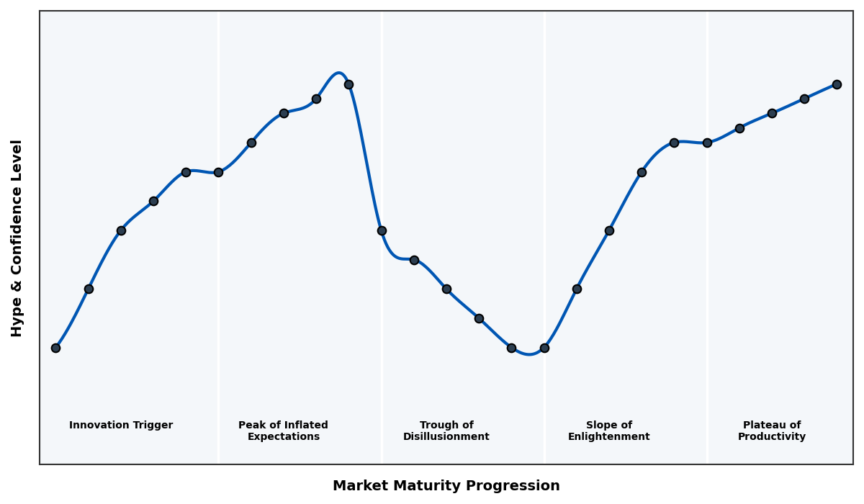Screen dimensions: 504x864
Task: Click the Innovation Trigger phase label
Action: pos(121,426)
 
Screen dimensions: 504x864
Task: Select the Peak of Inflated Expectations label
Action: pos(283,431)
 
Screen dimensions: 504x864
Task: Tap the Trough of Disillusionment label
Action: pos(446,431)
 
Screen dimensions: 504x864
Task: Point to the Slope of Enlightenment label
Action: pos(608,431)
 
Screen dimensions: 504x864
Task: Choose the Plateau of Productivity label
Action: pos(771,431)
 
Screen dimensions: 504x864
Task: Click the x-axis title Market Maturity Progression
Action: pos(446,486)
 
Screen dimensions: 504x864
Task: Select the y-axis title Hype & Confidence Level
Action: pos(17,238)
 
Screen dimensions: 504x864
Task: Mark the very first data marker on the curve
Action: pos(55,348)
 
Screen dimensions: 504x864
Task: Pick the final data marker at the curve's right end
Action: pos(837,84)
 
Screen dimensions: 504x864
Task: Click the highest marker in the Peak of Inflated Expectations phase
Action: pos(348,84)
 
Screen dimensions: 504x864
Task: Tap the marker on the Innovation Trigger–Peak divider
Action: pos(218,172)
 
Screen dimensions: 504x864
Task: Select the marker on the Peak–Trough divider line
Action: pos(382,230)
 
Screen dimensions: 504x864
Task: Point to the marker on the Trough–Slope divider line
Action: pos(544,348)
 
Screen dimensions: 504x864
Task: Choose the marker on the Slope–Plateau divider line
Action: pos(707,143)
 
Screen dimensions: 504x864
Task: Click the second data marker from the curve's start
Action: pos(89,289)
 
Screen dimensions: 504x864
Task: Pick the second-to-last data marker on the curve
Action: pos(804,99)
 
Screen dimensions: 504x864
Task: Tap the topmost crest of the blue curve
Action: pos(338,73)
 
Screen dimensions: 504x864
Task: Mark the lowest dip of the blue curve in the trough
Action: pos(529,354)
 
